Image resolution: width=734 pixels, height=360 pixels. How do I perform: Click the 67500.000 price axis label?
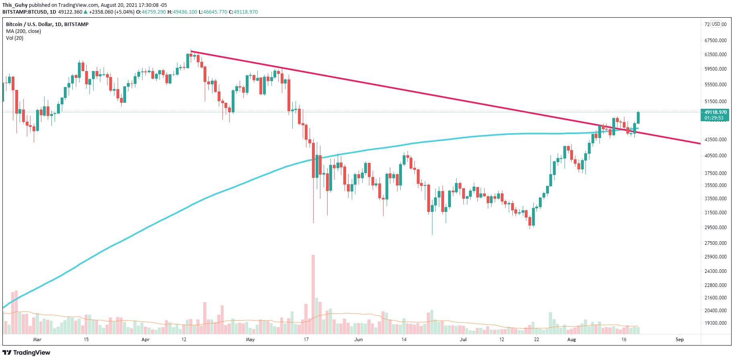coord(716,40)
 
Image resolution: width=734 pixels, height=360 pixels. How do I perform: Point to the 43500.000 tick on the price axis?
coord(716,139)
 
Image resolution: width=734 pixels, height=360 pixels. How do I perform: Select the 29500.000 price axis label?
coord(716,227)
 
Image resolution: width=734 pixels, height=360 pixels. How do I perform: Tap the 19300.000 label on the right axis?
coord(716,323)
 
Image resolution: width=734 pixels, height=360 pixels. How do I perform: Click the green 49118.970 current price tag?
coord(716,112)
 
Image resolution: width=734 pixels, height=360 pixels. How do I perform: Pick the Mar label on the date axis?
coord(37,340)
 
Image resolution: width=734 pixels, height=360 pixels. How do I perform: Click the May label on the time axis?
coord(250,340)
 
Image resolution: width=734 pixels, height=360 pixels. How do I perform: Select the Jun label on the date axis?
coord(359,340)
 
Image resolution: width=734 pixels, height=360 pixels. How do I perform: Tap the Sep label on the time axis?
coord(679,340)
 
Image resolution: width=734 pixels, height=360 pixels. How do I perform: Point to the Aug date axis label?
coord(571,340)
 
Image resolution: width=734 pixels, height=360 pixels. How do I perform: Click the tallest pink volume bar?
coord(313,294)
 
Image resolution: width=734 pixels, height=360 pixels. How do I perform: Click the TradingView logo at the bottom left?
coord(27,352)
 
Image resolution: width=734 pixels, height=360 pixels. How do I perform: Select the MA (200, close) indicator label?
coord(23,31)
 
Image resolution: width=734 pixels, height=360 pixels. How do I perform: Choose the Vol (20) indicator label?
coord(14,38)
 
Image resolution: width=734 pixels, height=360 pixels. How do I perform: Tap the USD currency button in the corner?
coord(716,24)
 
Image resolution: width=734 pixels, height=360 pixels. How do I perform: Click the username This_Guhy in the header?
coord(15,5)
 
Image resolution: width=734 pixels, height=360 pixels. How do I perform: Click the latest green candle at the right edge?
coord(638,118)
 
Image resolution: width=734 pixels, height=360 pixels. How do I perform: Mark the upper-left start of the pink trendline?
coord(191,51)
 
